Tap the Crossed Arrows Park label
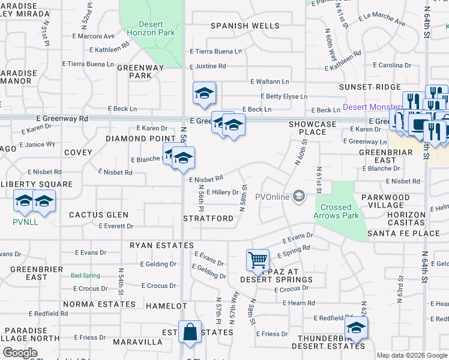click(x=336, y=211)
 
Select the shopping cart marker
click(x=258, y=260)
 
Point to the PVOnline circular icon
click(x=298, y=196)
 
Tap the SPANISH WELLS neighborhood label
click(x=245, y=26)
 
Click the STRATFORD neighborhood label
click(x=208, y=218)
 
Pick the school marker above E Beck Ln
click(x=204, y=93)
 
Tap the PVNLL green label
click(x=21, y=221)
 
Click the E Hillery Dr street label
click(x=222, y=192)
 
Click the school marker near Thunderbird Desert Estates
click(x=355, y=328)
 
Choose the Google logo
click(x=20, y=353)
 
